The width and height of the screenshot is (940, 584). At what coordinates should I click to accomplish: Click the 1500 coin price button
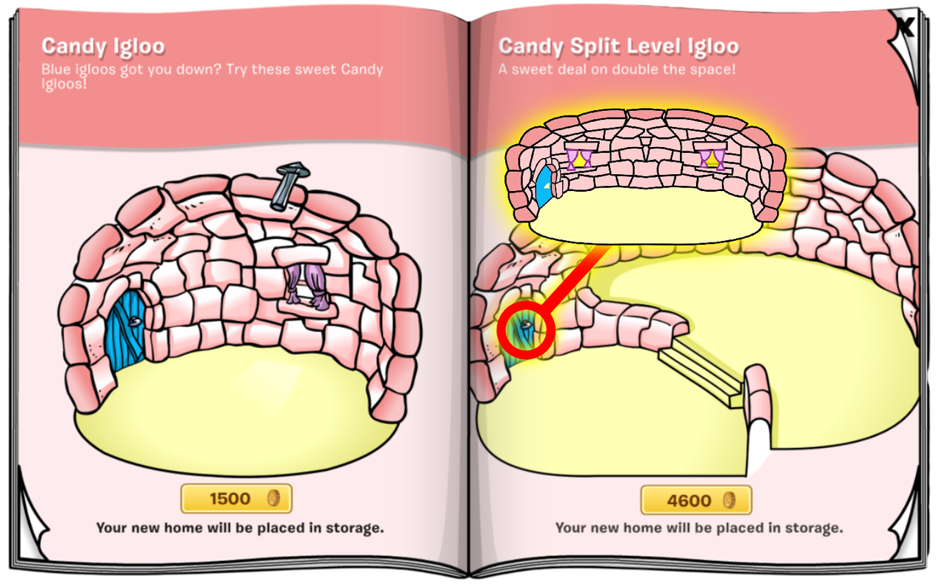coord(236,498)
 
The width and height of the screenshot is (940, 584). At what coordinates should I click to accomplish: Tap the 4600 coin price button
coord(696,500)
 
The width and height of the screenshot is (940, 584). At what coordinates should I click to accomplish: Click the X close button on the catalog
coord(905,28)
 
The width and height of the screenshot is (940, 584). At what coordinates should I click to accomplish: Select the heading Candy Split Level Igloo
coord(618,46)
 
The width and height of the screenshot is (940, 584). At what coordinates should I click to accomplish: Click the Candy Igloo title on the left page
coord(104,46)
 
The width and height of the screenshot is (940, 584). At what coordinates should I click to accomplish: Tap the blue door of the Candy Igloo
coord(125,330)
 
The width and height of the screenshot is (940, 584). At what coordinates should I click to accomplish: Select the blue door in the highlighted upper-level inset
coord(544,186)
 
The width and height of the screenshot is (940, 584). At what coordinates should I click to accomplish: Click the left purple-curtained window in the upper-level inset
coord(579,159)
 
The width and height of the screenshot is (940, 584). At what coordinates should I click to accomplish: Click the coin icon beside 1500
coord(274,498)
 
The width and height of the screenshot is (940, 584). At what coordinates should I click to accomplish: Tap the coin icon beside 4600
coord(729,500)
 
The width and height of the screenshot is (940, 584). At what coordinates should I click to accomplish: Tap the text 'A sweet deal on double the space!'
coord(617,69)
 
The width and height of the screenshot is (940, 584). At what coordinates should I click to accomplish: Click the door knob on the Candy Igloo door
coord(134,322)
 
